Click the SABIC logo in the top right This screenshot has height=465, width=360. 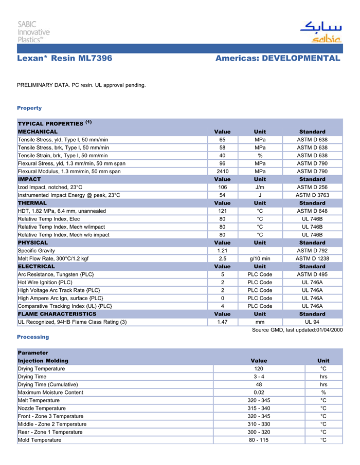click(x=320, y=32)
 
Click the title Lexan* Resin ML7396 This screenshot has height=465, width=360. click(x=65, y=59)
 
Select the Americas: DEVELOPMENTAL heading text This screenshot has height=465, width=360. click(x=278, y=59)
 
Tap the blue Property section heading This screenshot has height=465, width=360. click(x=29, y=108)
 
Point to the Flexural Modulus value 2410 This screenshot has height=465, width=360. click(x=222, y=171)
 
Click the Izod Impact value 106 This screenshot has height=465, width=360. click(x=222, y=187)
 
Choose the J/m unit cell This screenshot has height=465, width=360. click(x=260, y=187)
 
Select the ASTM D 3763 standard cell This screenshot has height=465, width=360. click(x=312, y=195)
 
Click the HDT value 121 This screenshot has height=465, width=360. click(x=222, y=211)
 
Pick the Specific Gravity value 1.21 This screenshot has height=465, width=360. click(x=222, y=251)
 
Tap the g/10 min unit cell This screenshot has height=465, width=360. click(x=260, y=258)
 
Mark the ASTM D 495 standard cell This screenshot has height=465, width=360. click(x=312, y=274)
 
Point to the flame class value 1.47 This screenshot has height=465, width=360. click(x=222, y=322)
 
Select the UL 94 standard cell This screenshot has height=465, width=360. click(x=312, y=322)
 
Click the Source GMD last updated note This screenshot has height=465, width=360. click(x=297, y=330)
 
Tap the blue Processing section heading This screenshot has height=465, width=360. click(x=33, y=337)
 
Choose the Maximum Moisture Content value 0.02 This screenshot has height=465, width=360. click(x=259, y=393)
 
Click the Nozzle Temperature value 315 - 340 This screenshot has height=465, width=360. click(x=259, y=408)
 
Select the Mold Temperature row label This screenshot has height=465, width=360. click(x=39, y=440)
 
